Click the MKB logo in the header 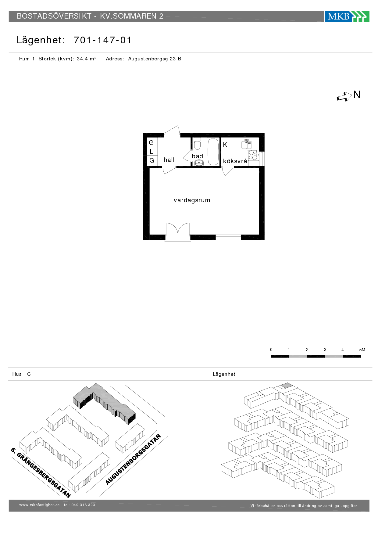tap(347, 16)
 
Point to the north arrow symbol tap(344, 97)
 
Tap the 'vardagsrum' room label tap(192, 200)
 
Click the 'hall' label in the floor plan tap(169, 160)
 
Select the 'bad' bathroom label tap(197, 156)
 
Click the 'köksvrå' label tap(235, 161)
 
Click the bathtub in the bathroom tap(213, 152)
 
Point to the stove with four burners tap(253, 155)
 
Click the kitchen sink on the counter tap(246, 144)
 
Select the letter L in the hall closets tap(152, 152)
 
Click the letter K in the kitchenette tap(225, 145)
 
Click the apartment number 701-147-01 tap(102, 40)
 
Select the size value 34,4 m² tap(87, 59)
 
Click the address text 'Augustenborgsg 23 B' tap(155, 59)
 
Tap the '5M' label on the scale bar tap(362, 350)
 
